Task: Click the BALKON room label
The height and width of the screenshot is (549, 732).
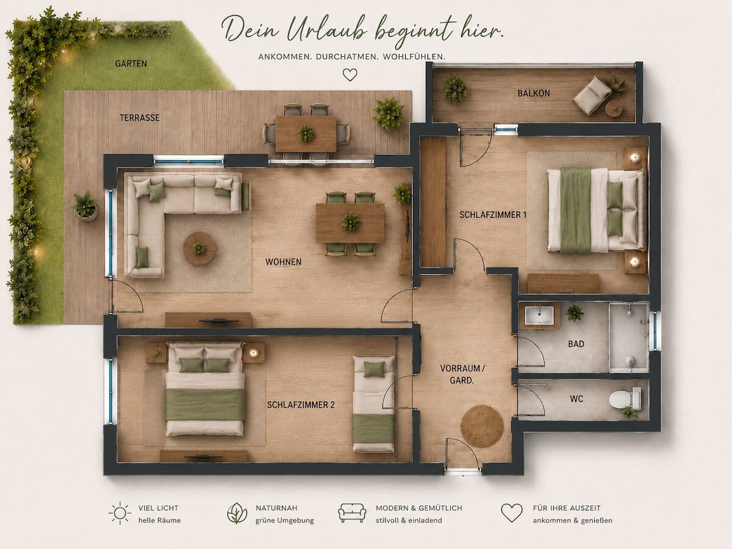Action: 534,93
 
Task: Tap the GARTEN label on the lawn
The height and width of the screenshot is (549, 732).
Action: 131,63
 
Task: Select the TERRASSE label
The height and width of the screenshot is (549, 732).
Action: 140,118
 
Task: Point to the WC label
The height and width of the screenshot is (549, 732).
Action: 576,399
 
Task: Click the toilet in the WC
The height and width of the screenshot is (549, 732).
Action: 625,399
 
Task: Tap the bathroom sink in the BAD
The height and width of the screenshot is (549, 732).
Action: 539,315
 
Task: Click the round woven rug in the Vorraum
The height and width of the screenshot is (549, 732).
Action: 482,426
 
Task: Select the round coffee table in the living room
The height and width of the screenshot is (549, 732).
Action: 199,248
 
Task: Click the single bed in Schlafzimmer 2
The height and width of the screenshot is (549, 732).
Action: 374,404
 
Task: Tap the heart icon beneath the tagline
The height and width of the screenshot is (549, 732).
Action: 350,74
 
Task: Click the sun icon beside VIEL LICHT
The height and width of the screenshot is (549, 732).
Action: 120,513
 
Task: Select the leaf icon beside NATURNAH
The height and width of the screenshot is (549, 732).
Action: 237,513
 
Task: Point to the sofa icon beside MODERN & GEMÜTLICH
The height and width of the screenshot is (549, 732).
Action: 352,512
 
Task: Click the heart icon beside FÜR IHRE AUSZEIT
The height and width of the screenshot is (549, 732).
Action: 512,512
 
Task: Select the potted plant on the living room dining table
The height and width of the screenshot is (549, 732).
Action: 351,221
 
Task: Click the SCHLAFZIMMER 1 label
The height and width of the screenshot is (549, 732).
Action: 493,215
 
